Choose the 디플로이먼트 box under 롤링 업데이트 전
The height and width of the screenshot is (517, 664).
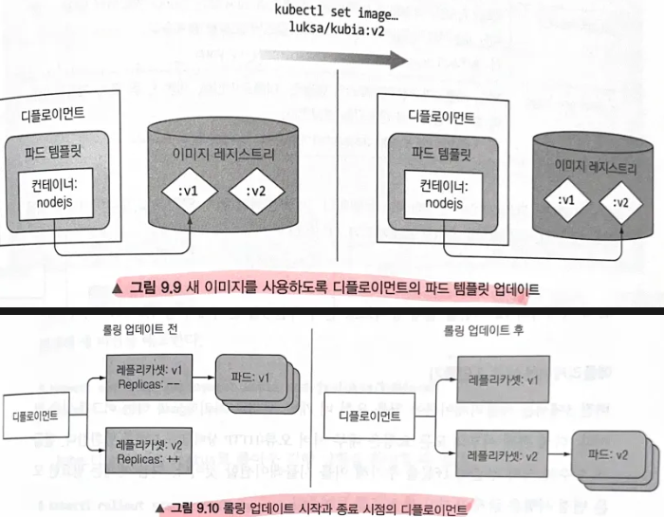[x=35, y=415]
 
